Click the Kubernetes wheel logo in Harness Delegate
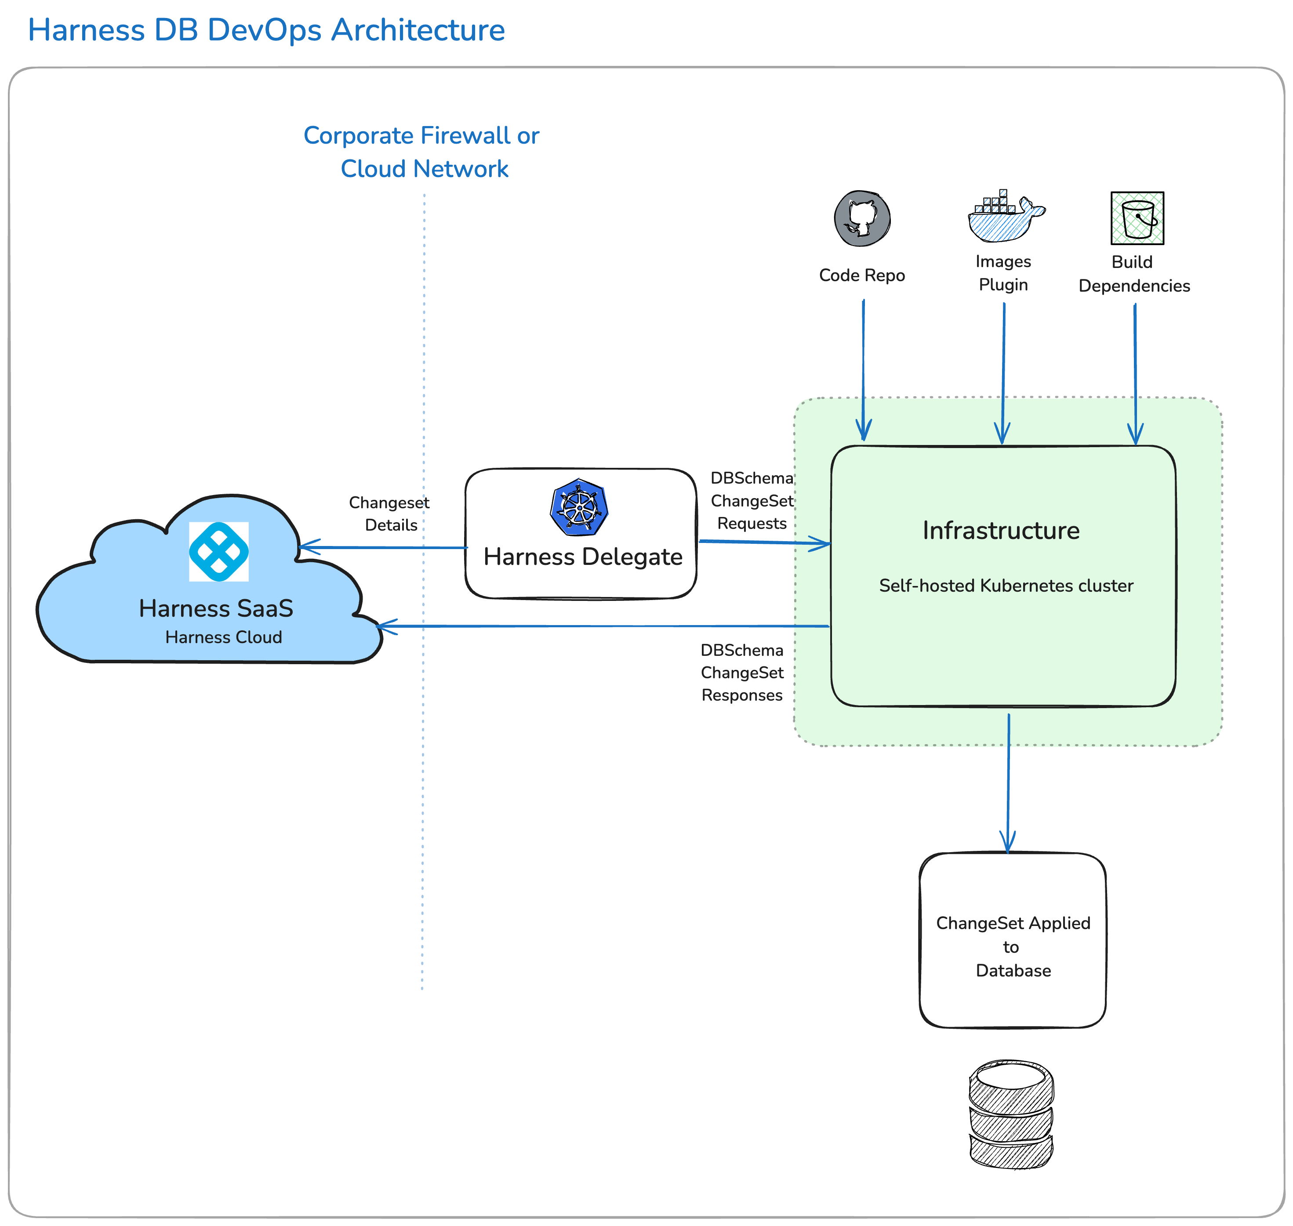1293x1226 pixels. (x=579, y=507)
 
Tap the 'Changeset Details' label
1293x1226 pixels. (x=389, y=514)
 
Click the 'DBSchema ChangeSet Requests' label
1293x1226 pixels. (x=752, y=501)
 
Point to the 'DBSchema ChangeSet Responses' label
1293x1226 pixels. (x=742, y=673)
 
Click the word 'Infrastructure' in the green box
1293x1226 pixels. (x=1001, y=530)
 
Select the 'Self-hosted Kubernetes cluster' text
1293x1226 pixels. (x=1006, y=586)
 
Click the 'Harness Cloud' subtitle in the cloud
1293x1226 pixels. (x=224, y=637)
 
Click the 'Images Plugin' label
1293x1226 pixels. (x=1003, y=273)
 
